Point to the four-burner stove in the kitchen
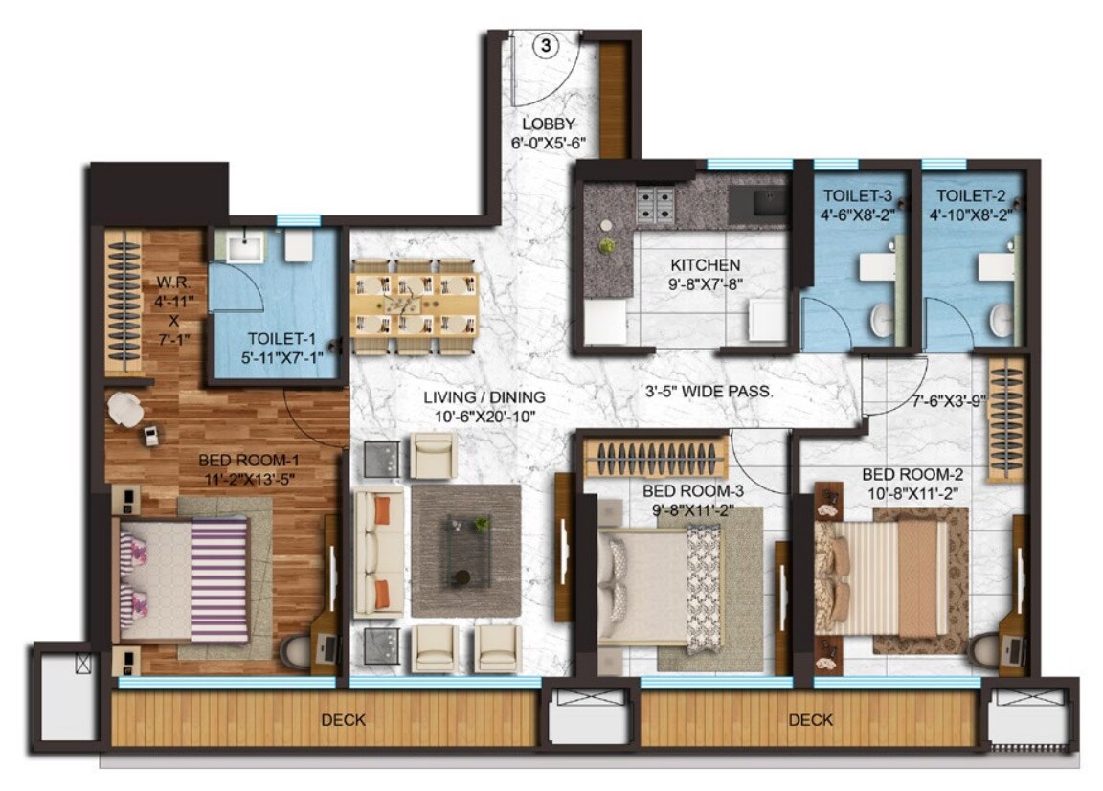[x=656, y=203]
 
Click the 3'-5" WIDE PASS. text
[x=708, y=391]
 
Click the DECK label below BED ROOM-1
[x=343, y=720]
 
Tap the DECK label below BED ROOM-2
[x=811, y=720]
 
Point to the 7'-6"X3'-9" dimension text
[x=949, y=402]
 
